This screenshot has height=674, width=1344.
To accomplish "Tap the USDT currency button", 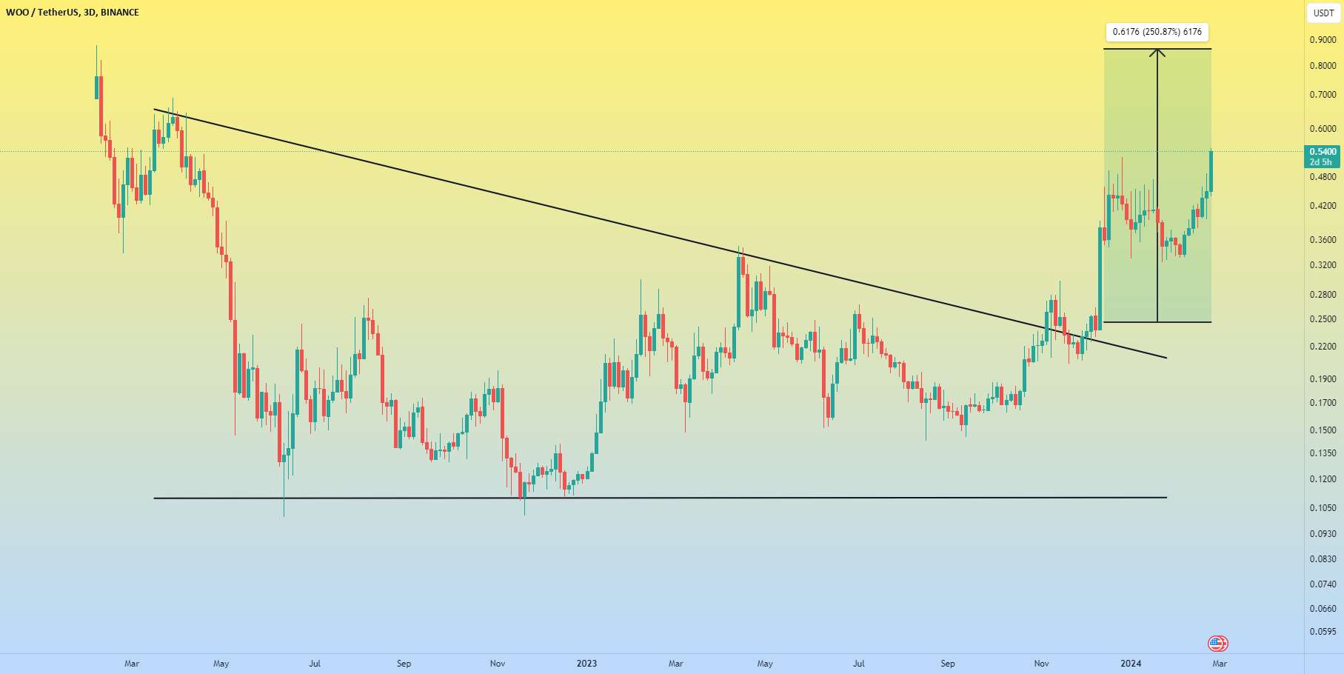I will (x=1323, y=13).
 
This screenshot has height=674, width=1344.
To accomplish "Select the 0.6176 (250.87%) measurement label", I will (x=1157, y=32).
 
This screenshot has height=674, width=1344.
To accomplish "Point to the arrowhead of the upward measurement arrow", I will (x=1157, y=51).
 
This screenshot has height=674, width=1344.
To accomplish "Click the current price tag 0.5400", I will (x=1323, y=152).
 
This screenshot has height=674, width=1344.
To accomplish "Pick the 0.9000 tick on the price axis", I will (x=1323, y=40).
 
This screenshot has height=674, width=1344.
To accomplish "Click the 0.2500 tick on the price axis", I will (x=1323, y=319).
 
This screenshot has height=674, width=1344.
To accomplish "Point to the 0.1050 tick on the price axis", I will (x=1323, y=508).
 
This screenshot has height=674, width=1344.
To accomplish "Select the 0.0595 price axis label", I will (x=1323, y=633).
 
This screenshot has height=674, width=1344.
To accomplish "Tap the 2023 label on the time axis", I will (x=586, y=664).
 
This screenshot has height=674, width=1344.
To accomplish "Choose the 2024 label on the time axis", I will (x=1131, y=664).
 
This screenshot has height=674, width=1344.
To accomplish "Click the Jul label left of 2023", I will (x=315, y=664).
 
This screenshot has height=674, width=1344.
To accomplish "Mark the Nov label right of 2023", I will (x=1041, y=664).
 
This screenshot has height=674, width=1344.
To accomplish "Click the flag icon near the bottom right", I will (x=1217, y=644).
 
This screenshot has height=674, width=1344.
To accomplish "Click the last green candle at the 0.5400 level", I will (x=1211, y=170).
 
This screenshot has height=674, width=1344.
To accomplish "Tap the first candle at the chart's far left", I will (x=96, y=86).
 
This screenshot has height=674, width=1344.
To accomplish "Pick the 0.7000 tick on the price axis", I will (x=1323, y=95).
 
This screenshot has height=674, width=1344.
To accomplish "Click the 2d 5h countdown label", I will (x=1320, y=162).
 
